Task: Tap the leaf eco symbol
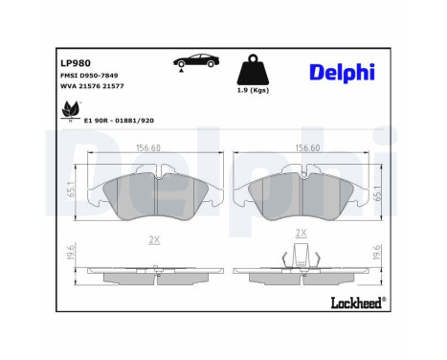tap(69, 116)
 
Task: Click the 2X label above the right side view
tap(301, 233)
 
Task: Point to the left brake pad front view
tap(153, 196)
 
